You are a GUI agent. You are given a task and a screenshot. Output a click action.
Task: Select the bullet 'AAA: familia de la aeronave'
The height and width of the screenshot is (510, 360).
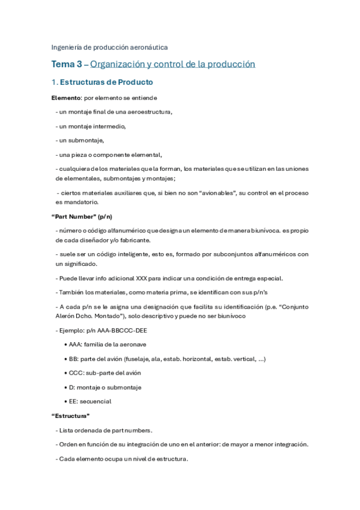click(x=107, y=344)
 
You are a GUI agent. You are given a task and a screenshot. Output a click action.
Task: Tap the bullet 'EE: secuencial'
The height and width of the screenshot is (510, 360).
click(x=90, y=401)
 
